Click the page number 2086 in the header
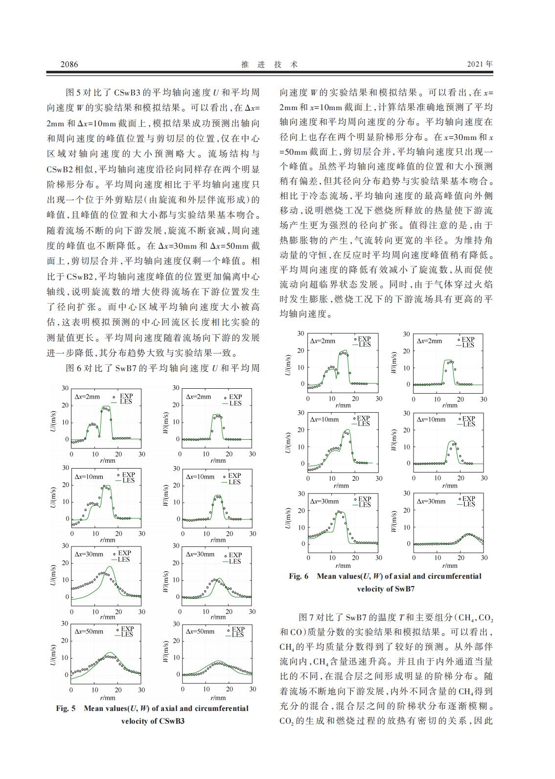click(69, 64)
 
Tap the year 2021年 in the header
click(480, 64)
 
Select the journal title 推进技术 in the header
click(270, 64)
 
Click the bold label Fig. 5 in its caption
click(66, 708)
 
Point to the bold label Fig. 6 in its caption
click(299, 576)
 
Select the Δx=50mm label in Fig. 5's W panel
click(200, 631)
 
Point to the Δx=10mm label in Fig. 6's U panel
click(324, 420)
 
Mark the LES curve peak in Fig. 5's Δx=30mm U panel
click(110, 567)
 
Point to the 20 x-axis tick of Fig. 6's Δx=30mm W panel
click(461, 558)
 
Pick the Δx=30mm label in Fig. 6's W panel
click(431, 501)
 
